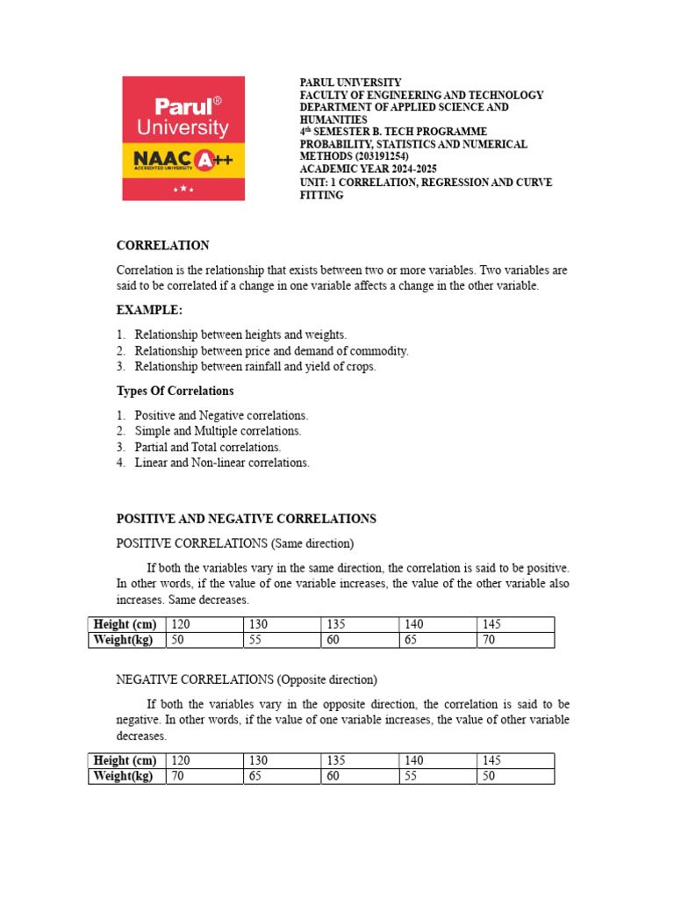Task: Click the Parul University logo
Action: coord(183,138)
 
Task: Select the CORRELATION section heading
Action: coord(163,246)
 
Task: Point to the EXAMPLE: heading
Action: coord(149,310)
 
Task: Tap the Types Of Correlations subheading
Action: coord(176,391)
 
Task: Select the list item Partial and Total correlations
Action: coord(208,447)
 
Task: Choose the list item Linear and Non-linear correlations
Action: coord(222,463)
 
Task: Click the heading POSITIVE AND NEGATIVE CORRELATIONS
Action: coord(247,519)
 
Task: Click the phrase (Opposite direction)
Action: coord(327,680)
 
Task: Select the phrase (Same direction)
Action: coord(312,543)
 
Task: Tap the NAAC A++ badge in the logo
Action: coord(183,160)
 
